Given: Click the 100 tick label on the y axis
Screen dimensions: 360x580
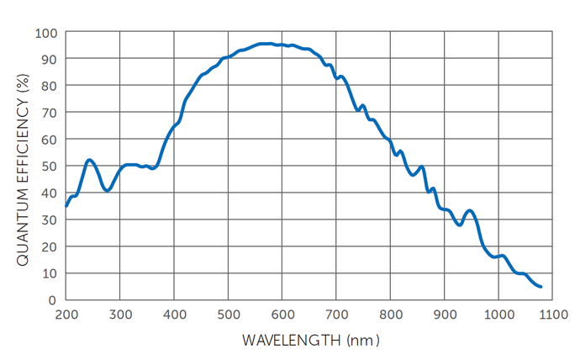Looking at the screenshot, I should point(45,33).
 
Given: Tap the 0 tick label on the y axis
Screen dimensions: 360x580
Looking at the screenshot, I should point(52,299).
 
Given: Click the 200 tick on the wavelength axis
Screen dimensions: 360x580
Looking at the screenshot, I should point(66,314).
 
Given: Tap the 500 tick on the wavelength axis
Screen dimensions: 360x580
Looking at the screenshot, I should point(229,314).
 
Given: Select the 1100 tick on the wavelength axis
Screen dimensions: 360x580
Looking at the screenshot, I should point(552,314).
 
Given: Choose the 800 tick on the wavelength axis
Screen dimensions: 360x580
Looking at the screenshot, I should point(390,314).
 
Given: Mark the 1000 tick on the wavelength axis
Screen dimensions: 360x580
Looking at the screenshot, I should point(498,314).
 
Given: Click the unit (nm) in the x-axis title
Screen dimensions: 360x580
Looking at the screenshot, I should point(363,340).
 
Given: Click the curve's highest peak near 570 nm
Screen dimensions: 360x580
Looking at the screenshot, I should point(266,44).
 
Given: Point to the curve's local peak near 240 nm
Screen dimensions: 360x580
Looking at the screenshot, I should point(89,160).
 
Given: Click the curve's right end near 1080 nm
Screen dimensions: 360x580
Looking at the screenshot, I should point(540,287).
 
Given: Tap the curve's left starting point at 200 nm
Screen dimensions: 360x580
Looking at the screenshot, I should point(66,205).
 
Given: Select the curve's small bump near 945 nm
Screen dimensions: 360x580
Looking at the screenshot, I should point(469,210).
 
